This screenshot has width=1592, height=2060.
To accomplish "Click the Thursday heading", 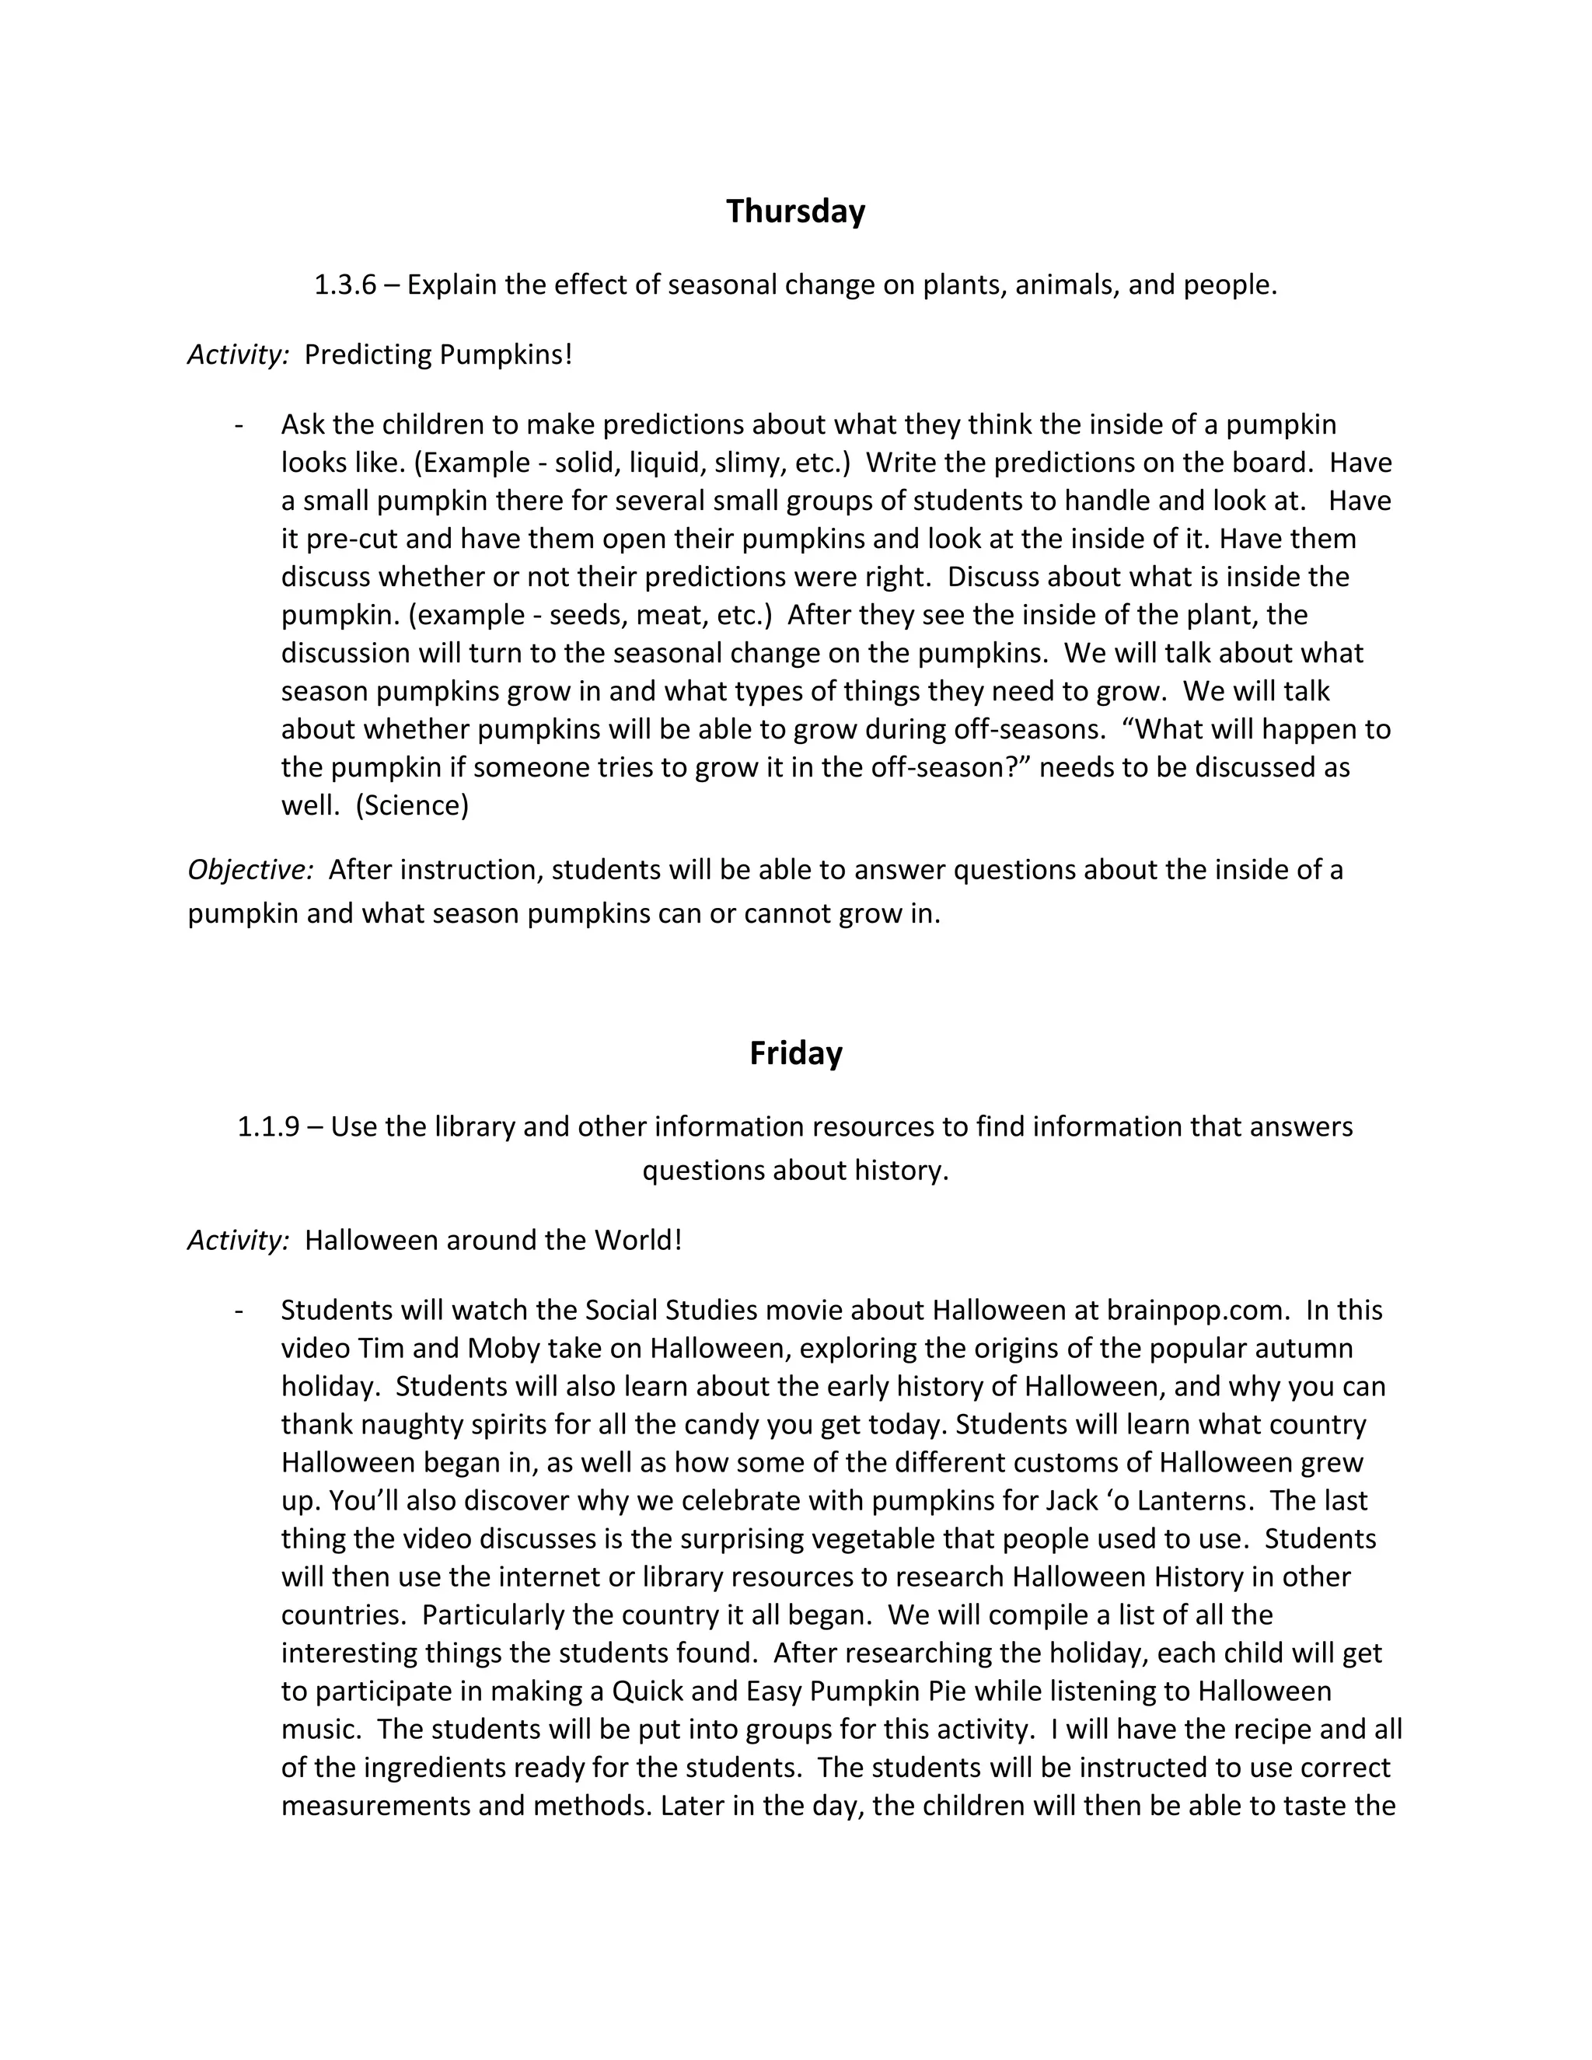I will coord(795,211).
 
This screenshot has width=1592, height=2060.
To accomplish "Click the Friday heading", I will coord(795,1053).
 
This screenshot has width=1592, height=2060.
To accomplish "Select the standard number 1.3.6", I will coord(345,285).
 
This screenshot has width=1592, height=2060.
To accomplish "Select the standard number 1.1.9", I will coord(269,1127).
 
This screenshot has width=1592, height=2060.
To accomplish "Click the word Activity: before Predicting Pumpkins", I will coord(238,355).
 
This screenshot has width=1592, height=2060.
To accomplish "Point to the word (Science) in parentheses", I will coord(412,805).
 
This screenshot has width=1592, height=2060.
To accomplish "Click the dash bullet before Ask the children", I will coord(239,425).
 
